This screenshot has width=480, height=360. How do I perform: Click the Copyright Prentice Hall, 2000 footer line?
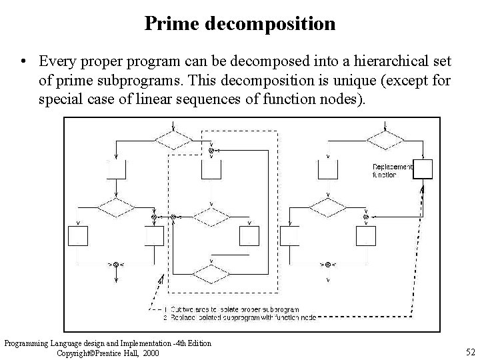[x=109, y=353]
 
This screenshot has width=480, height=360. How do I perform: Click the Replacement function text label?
[x=392, y=170]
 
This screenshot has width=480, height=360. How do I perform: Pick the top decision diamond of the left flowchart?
[x=173, y=141]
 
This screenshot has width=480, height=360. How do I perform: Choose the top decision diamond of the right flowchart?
[x=386, y=141]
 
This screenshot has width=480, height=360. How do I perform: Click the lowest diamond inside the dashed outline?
[x=211, y=273]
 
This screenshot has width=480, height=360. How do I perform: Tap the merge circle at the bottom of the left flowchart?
[x=115, y=265]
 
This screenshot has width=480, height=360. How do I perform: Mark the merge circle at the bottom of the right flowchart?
[x=327, y=265]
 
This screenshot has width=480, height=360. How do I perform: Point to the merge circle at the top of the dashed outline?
[x=211, y=151]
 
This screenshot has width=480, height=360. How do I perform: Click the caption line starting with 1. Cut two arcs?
[x=231, y=309]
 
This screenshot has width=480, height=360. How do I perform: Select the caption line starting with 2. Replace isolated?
[x=240, y=317]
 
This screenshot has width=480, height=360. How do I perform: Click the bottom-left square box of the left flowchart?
[x=78, y=236]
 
